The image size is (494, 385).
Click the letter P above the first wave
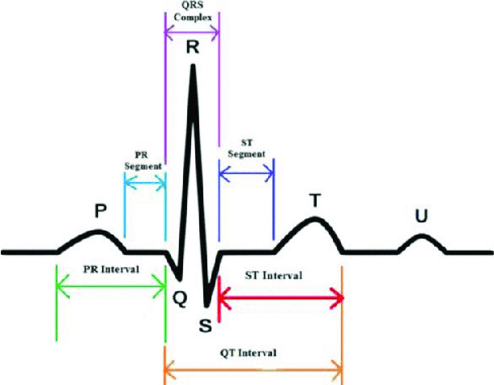(100, 212)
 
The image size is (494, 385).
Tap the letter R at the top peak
(192, 47)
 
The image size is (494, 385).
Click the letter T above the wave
(315, 200)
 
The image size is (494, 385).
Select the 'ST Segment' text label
(244, 148)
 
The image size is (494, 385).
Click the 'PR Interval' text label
(111, 269)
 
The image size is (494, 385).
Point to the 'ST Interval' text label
(274, 276)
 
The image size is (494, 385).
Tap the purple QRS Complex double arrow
(192, 33)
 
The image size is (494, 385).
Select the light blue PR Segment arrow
(145, 184)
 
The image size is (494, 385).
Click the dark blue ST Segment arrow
(246, 171)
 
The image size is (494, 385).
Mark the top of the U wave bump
(421, 236)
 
